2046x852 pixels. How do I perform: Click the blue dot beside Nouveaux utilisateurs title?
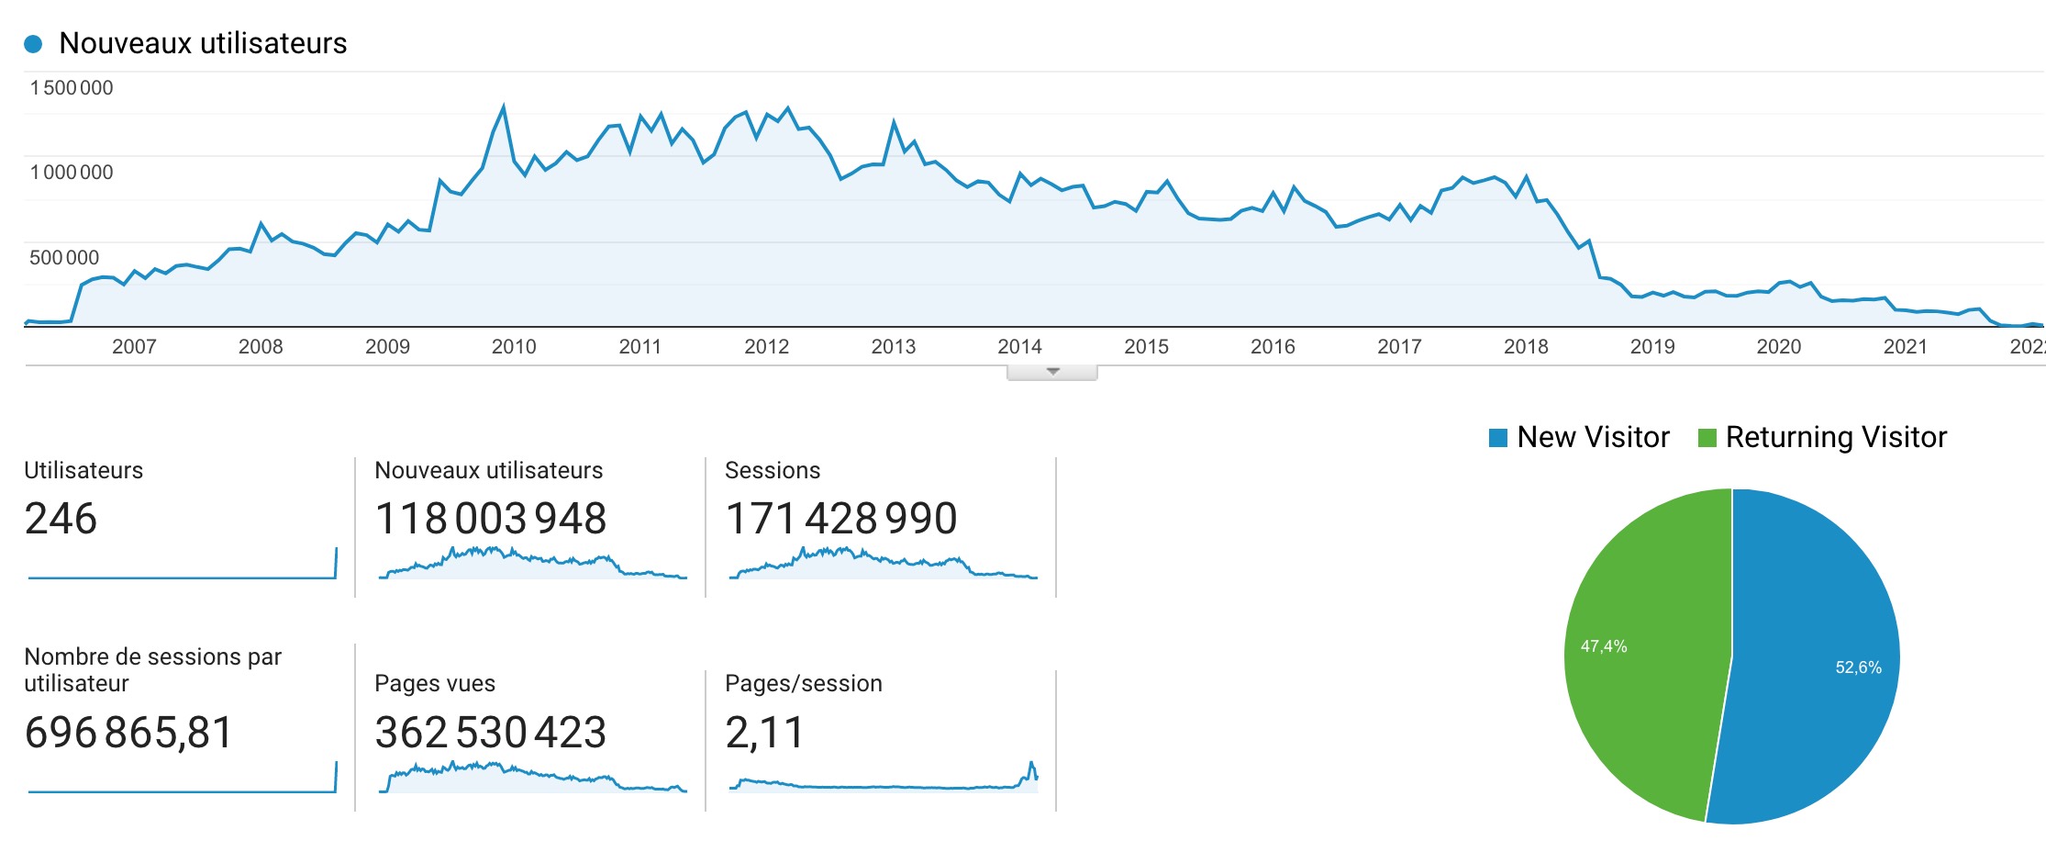[x=33, y=43]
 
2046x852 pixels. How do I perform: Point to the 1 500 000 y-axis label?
[x=72, y=88]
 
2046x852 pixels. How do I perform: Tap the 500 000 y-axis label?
[x=64, y=258]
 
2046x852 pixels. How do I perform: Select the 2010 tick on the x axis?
[x=514, y=347]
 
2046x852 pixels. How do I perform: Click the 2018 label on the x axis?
[x=1526, y=347]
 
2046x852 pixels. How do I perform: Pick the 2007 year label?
[x=134, y=347]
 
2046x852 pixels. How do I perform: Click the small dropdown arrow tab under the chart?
[x=1052, y=372]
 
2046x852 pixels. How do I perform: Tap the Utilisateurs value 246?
[x=61, y=519]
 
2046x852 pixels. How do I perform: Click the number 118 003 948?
[x=491, y=519]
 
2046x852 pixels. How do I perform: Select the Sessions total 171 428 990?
[x=841, y=519]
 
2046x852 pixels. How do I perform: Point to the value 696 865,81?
[x=128, y=733]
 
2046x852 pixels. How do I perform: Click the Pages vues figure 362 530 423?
[x=491, y=733]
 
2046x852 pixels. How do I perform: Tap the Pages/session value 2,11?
[x=764, y=733]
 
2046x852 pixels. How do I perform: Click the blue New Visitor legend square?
[x=1498, y=438]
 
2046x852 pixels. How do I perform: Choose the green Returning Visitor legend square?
[x=1707, y=438]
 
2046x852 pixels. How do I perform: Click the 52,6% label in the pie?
[x=1858, y=667]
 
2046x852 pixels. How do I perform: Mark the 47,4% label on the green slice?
[x=1604, y=646]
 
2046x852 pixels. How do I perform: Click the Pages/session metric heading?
[x=804, y=683]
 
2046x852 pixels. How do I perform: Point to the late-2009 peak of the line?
[x=503, y=106]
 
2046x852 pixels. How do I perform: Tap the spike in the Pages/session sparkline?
[x=1031, y=764]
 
